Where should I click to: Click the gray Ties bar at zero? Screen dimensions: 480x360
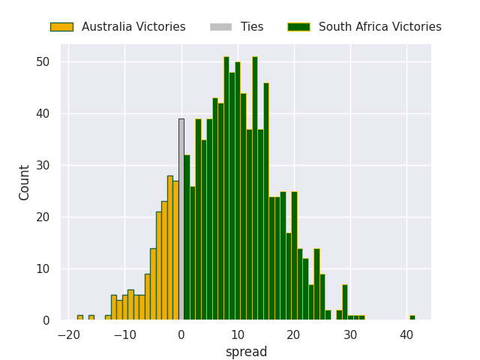pyautogui.click(x=181, y=220)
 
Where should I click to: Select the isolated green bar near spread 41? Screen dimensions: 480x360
pyautogui.click(x=412, y=318)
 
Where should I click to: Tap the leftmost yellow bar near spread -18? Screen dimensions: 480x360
pyautogui.click(x=80, y=318)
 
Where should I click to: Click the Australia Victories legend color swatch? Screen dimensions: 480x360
pyautogui.click(x=61, y=27)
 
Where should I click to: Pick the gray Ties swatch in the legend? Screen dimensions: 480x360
pyautogui.click(x=220, y=27)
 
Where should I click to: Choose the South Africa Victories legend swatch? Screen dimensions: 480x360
pyautogui.click(x=298, y=27)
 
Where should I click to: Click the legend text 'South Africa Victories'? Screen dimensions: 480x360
pyautogui.click(x=380, y=27)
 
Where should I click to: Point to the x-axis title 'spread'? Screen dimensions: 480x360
pyautogui.click(x=247, y=352)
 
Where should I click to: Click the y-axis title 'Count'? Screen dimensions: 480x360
pyautogui.click(x=23, y=183)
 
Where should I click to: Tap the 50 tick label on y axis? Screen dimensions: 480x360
pyautogui.click(x=43, y=62)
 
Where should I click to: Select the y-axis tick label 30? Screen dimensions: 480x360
pyautogui.click(x=43, y=166)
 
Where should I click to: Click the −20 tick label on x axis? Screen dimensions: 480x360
pyautogui.click(x=69, y=335)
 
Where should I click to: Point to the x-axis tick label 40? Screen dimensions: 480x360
pyautogui.click(x=406, y=335)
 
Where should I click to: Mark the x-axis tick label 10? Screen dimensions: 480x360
pyautogui.click(x=238, y=335)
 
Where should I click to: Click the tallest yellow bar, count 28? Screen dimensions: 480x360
pyautogui.click(x=170, y=248)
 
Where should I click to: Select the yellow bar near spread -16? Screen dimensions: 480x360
pyautogui.click(x=91, y=318)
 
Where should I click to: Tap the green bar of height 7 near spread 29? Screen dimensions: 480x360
pyautogui.click(x=345, y=302)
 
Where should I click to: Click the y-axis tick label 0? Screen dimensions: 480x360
pyautogui.click(x=46, y=321)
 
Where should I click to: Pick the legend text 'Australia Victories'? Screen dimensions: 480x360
pyautogui.click(x=133, y=27)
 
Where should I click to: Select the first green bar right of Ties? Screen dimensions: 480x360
pyautogui.click(x=187, y=238)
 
